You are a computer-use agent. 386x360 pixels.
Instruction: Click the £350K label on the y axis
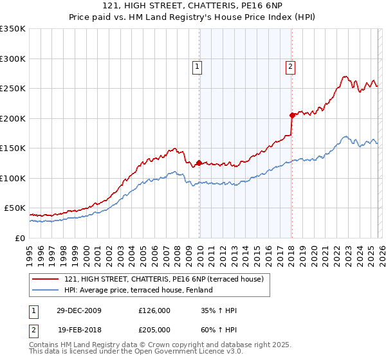(13, 29)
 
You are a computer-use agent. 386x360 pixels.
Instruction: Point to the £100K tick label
(13, 178)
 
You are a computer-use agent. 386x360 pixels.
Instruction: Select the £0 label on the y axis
(19, 238)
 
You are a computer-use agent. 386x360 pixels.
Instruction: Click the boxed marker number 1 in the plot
(196, 66)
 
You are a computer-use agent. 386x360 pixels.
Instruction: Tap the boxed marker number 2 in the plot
(290, 66)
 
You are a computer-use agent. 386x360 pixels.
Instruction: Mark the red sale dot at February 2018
(291, 115)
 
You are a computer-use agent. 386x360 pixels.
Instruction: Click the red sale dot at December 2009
(199, 163)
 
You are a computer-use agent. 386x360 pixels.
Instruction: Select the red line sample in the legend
(46, 279)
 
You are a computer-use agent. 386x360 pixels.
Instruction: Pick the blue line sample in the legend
(46, 290)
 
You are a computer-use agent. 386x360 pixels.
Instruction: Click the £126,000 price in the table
(154, 310)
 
